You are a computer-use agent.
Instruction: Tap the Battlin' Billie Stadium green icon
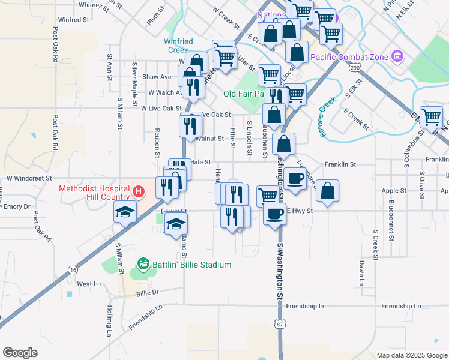point(143,263)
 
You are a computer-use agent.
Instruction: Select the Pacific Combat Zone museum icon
point(396,57)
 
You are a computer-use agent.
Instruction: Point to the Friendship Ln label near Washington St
point(306,306)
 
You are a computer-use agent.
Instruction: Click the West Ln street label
point(88,284)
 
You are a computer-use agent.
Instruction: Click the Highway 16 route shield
point(73,271)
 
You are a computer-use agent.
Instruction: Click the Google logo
point(20,353)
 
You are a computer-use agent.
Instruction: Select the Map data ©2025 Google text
point(411,355)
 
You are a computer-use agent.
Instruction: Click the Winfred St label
point(74,20)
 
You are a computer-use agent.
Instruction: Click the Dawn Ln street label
point(361,272)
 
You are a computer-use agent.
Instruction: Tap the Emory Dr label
point(16,206)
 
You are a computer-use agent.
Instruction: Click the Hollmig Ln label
point(110,320)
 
